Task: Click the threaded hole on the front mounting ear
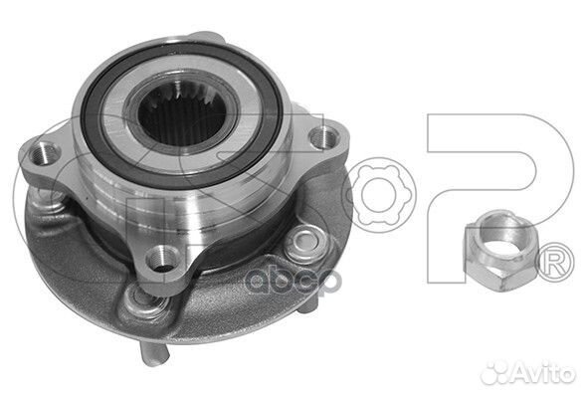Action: tap(158, 262)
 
